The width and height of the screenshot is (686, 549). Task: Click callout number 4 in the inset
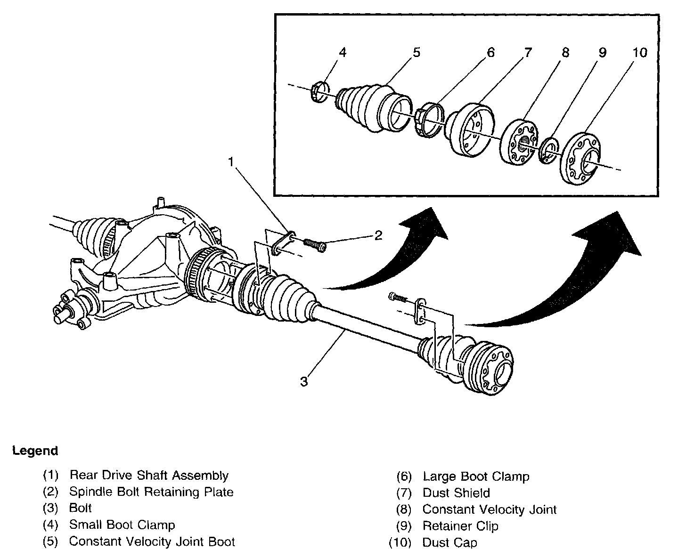(x=343, y=53)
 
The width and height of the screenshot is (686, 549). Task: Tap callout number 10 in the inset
(x=639, y=53)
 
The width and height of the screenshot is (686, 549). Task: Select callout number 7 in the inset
(x=528, y=53)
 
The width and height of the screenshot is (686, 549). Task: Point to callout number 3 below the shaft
(x=304, y=381)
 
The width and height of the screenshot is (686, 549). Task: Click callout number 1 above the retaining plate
(x=231, y=162)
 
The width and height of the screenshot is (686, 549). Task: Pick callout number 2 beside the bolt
(x=378, y=235)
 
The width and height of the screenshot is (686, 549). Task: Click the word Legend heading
(x=35, y=451)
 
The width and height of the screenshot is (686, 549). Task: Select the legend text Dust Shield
(x=456, y=493)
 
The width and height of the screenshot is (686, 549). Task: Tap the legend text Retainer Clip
(x=460, y=526)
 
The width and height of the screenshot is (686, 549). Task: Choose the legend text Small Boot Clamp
(x=122, y=525)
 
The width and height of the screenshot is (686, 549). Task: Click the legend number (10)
(x=400, y=542)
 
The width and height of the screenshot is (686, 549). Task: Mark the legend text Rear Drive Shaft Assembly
(x=149, y=476)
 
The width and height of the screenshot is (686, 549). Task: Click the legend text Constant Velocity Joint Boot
(x=152, y=541)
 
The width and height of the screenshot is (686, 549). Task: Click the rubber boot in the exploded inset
(x=372, y=106)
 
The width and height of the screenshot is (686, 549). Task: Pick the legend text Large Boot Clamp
(x=476, y=476)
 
